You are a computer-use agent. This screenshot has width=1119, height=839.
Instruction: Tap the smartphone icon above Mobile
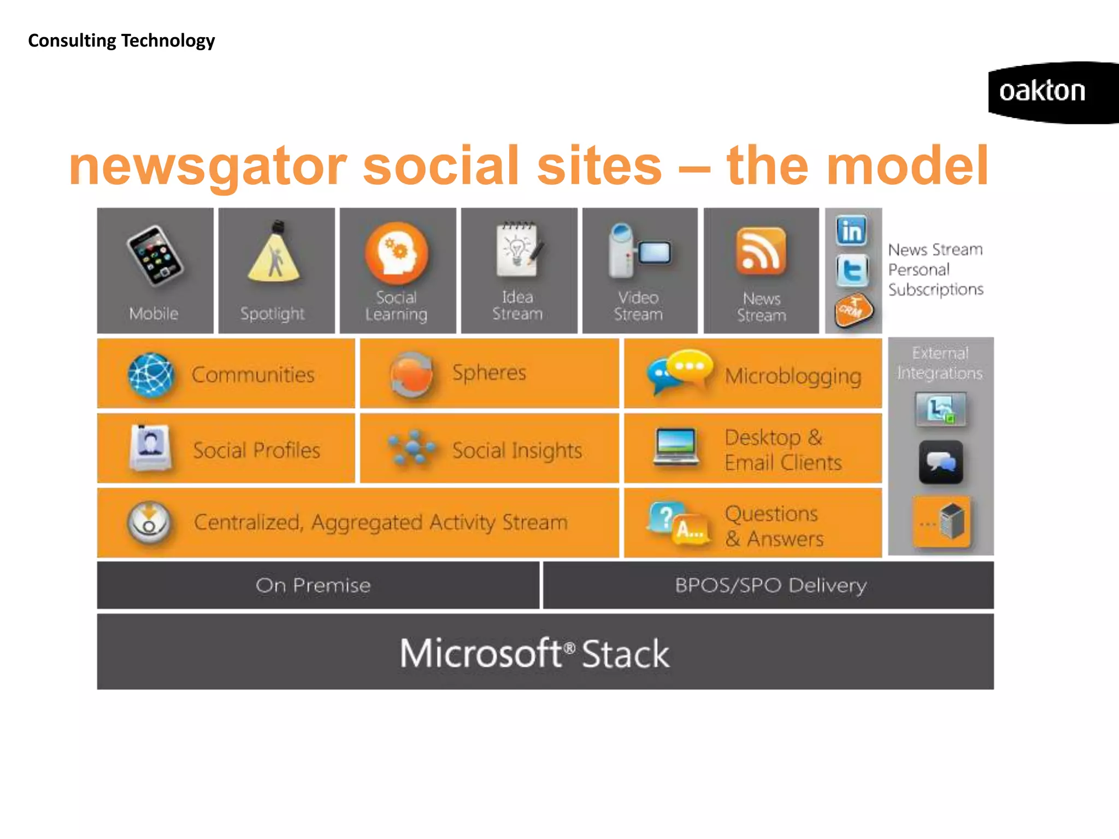155,256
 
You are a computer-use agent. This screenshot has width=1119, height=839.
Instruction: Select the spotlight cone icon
275,252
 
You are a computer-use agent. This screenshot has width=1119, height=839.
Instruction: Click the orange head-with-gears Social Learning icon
397,253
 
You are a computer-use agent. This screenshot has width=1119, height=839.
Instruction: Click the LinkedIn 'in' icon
852,231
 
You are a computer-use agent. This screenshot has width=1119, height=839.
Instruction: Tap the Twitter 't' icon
852,270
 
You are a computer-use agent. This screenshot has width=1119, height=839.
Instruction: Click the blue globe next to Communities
151,375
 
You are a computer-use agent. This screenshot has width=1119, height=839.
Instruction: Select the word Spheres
489,373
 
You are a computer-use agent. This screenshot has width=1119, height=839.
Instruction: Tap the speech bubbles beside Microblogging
679,371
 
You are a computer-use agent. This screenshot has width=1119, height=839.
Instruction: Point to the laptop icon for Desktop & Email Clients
676,447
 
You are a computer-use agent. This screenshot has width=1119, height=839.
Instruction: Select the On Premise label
313,586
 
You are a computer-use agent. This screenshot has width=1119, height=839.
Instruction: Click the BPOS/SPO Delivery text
770,586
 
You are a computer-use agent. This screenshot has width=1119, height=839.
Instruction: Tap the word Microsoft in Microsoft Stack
481,653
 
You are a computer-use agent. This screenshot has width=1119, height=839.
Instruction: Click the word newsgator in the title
208,167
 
